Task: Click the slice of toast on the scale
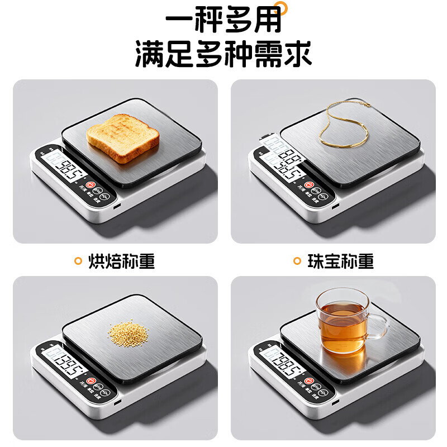[x=123, y=137]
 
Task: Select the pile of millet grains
[x=129, y=333]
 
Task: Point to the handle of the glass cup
[x=379, y=326]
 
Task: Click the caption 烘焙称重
[x=122, y=261]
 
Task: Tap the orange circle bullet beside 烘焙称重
[x=79, y=261]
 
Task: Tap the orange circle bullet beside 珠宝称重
[x=298, y=261]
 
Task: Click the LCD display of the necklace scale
[x=283, y=163]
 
